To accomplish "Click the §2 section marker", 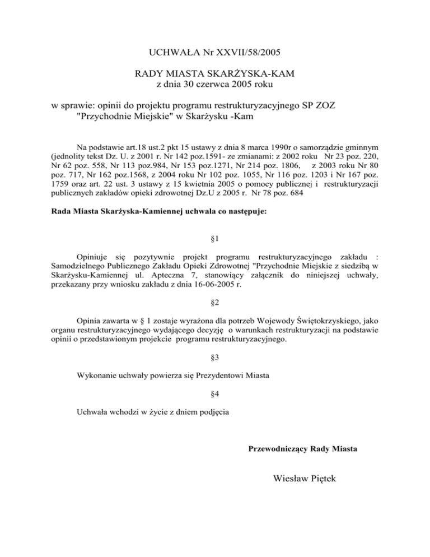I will (215, 303).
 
